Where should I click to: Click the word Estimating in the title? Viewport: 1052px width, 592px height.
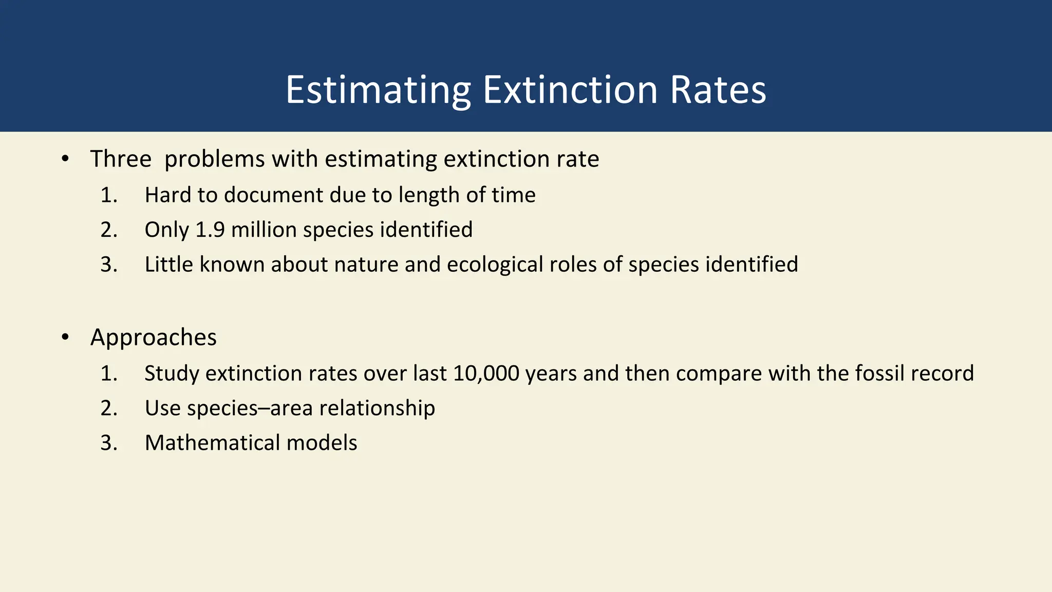pyautogui.click(x=378, y=90)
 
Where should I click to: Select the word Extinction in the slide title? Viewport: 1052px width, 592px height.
pyautogui.click(x=570, y=90)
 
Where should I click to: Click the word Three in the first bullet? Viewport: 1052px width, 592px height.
pyautogui.click(x=121, y=159)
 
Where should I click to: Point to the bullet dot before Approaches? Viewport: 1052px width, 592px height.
pyautogui.click(x=65, y=338)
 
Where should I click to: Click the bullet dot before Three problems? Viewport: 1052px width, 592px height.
pyautogui.click(x=65, y=159)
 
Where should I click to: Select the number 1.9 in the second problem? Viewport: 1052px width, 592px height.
pyautogui.click(x=210, y=230)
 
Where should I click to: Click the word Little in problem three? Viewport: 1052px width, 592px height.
pyautogui.click(x=168, y=265)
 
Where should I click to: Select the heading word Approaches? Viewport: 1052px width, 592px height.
pyautogui.click(x=154, y=338)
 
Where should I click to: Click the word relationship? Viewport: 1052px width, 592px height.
pyautogui.click(x=377, y=409)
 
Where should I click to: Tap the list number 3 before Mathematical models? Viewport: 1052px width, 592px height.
pyautogui.click(x=108, y=443)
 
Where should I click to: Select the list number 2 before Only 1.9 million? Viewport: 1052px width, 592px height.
pyautogui.click(x=108, y=230)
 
